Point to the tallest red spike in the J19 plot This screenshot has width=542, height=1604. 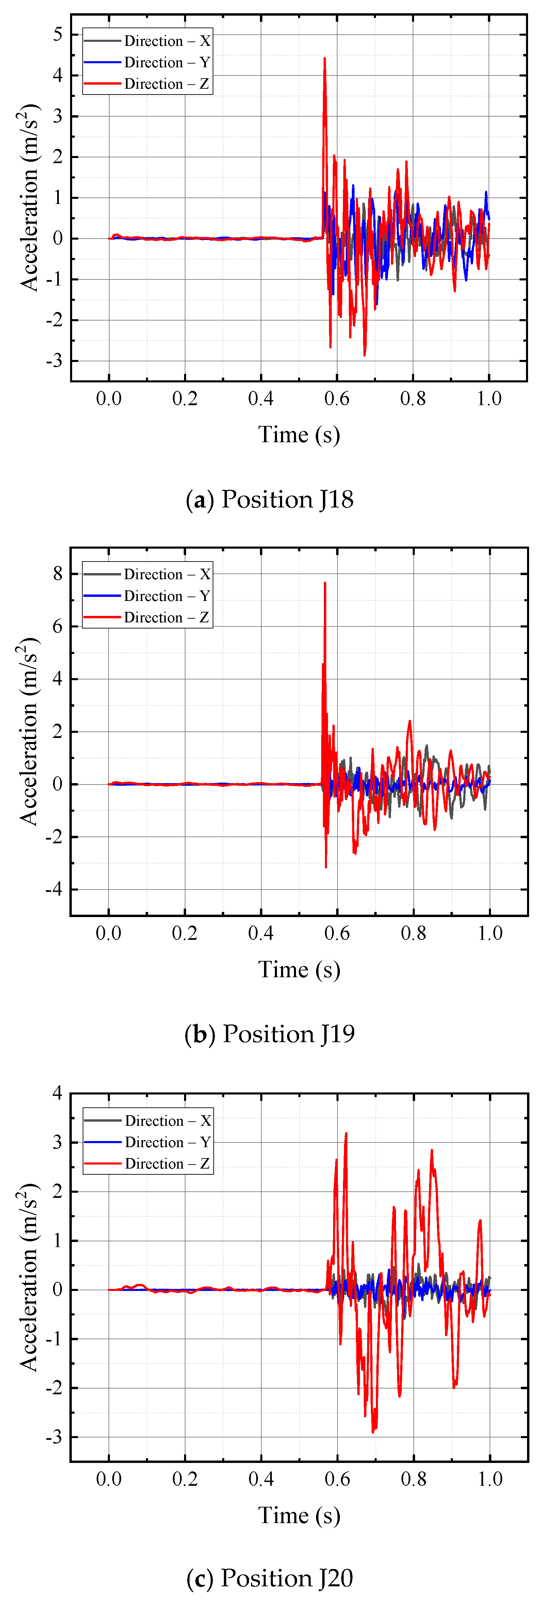(325, 583)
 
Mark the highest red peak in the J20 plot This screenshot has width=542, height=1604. (346, 1133)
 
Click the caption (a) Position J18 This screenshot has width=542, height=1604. (270, 499)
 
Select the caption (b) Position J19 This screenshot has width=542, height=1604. (270, 1034)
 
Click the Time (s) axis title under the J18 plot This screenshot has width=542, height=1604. (299, 435)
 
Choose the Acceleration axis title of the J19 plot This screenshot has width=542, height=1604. (28, 731)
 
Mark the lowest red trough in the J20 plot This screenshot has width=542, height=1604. (373, 1432)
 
